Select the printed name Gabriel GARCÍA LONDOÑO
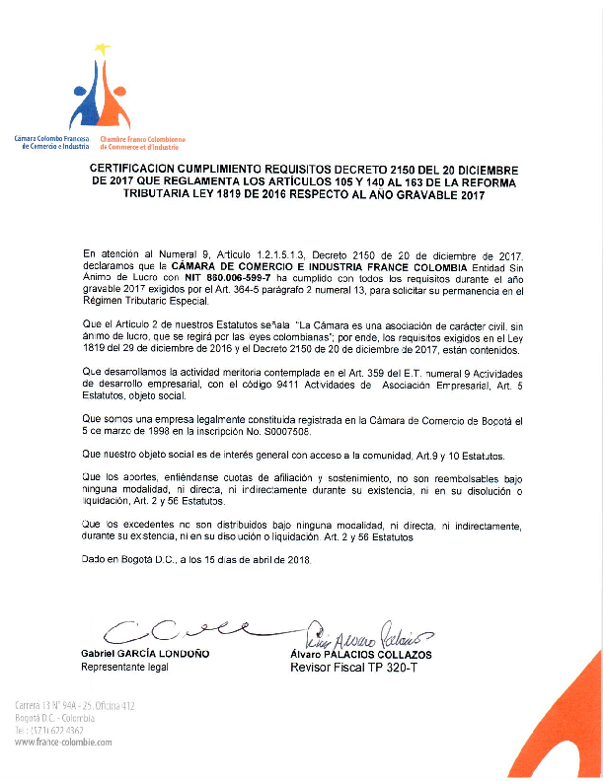pos(144,654)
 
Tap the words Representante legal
pos(124,668)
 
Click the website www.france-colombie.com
pos(63,742)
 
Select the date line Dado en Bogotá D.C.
pos(196,560)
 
